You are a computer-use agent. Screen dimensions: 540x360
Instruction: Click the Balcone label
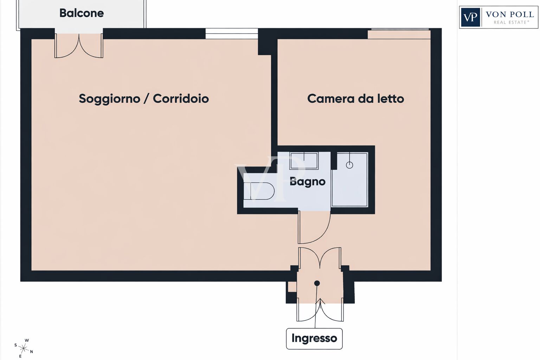click(82, 13)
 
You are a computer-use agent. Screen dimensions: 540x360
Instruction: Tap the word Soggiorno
click(109, 99)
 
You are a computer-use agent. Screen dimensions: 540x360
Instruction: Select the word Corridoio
click(181, 98)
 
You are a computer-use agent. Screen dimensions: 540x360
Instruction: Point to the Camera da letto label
click(355, 98)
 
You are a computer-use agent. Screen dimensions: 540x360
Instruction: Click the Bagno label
click(307, 181)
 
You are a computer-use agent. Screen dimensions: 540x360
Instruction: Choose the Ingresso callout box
click(314, 339)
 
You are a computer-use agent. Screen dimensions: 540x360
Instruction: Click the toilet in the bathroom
click(259, 191)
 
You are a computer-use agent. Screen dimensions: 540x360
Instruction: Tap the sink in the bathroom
click(304, 161)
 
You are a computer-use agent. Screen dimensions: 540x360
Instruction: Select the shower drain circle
click(349, 165)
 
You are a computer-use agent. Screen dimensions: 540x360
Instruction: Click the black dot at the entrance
click(317, 283)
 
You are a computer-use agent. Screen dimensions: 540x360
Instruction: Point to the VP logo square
click(470, 17)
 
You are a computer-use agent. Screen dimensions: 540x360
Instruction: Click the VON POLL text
click(510, 14)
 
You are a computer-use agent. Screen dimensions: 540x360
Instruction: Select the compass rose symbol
click(24, 348)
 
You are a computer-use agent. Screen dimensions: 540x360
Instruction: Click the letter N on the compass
click(31, 352)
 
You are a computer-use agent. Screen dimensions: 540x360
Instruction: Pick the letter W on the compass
click(27, 340)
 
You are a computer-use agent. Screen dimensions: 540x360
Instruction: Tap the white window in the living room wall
click(232, 33)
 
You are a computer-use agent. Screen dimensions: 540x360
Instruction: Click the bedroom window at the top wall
click(399, 34)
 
